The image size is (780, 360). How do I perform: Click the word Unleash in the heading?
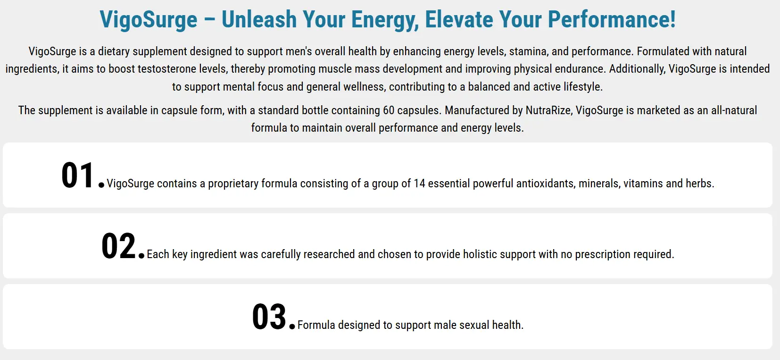[x=259, y=19]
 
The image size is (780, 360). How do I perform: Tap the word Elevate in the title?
[x=458, y=19]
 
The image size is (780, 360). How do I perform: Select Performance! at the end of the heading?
[x=612, y=19]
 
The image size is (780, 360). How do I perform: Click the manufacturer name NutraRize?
[x=548, y=110]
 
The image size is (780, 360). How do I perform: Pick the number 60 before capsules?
[x=389, y=110]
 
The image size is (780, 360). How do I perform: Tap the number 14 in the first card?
[x=419, y=184]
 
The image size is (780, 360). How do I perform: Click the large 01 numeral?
[x=77, y=176]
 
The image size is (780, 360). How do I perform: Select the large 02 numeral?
[x=118, y=246]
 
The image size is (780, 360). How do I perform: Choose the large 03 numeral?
[x=269, y=317]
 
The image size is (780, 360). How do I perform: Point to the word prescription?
[x=602, y=254]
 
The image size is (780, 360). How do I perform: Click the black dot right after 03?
[x=292, y=326]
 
